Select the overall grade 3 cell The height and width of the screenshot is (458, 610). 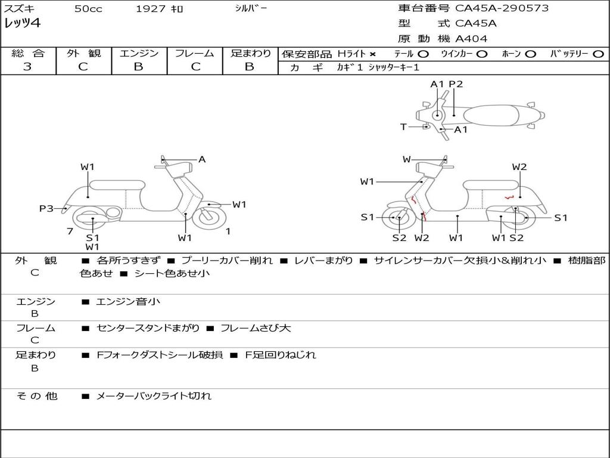pyautogui.click(x=27, y=67)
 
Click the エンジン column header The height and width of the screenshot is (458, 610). pyautogui.click(x=139, y=53)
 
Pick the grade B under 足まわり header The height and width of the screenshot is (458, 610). pyautogui.click(x=250, y=67)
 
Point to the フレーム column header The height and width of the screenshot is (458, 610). pyautogui.click(x=195, y=53)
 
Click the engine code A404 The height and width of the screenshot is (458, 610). pyautogui.click(x=471, y=39)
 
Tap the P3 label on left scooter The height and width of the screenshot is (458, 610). pyautogui.click(x=46, y=208)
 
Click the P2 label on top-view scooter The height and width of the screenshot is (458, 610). pyautogui.click(x=456, y=84)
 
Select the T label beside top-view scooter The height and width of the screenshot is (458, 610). pyautogui.click(x=403, y=126)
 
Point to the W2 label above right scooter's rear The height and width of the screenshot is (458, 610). pyautogui.click(x=519, y=167)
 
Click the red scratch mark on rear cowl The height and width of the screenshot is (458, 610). pyautogui.click(x=509, y=197)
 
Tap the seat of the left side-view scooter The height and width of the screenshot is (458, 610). pyautogui.click(x=117, y=184)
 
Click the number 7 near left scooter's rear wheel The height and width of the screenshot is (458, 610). pyautogui.click(x=70, y=231)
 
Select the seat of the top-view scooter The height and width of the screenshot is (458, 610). pyautogui.click(x=494, y=114)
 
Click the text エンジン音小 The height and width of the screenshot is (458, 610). pyautogui.click(x=128, y=302)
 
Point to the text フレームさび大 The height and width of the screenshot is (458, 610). pyautogui.click(x=256, y=328)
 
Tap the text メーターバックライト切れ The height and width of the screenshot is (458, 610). pyautogui.click(x=154, y=395)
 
